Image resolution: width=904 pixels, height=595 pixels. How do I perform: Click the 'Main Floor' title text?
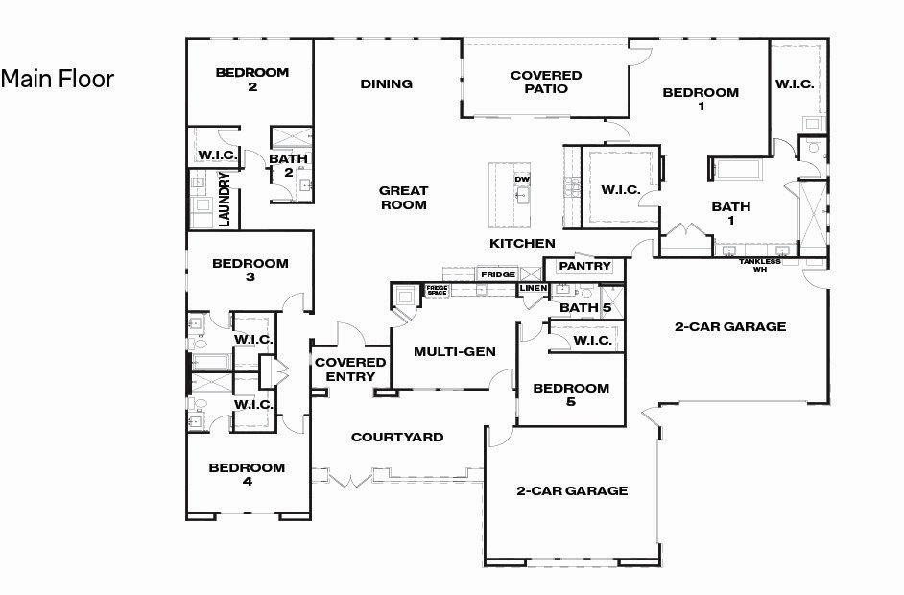pos(58,79)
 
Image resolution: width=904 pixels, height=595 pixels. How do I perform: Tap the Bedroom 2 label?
pos(251,80)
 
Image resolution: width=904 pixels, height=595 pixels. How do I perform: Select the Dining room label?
pos(387,84)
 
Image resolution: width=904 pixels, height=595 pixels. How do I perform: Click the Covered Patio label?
pos(546,82)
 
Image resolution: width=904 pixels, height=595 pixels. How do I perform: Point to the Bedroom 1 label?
pos(701,100)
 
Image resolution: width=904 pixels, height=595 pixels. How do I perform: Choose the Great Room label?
pos(403,198)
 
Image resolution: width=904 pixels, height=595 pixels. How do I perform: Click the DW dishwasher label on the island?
pos(522,179)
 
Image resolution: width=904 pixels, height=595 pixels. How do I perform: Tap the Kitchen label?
pos(522,243)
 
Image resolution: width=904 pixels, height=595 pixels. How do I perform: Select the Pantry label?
pos(584,266)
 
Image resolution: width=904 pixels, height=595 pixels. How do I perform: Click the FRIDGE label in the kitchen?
pos(497,274)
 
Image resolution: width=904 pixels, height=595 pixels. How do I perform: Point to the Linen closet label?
pos(533,288)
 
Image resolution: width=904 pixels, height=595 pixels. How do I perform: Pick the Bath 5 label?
pos(584,308)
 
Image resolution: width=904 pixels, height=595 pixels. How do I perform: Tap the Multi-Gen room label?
pos(455,352)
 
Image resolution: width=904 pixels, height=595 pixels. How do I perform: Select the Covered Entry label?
pos(350,369)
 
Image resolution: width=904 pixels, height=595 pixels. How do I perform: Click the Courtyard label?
pos(397,438)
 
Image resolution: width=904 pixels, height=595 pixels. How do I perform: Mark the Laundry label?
pos(225,199)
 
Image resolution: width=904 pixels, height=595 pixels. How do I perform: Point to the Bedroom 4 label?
pos(247,475)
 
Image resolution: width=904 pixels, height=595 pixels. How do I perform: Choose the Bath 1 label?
pos(731,213)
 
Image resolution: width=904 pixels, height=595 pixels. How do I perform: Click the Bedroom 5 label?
pos(571,394)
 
